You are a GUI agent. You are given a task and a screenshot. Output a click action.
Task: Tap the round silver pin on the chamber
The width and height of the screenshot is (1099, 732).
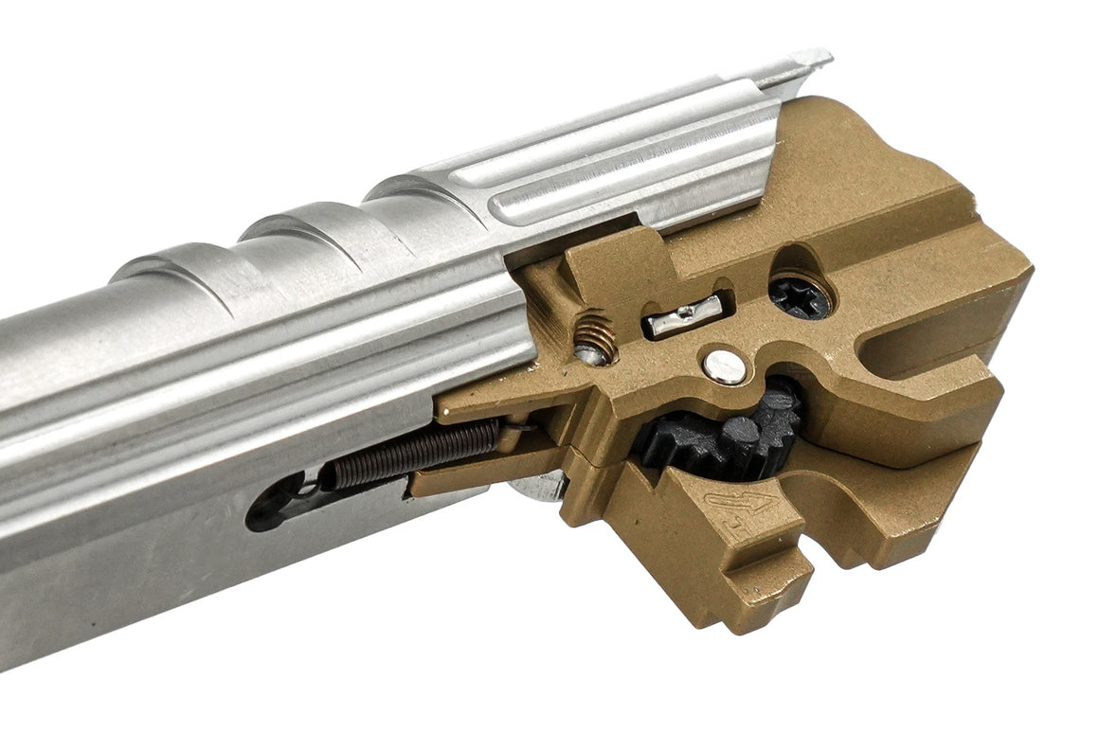pos(727,366)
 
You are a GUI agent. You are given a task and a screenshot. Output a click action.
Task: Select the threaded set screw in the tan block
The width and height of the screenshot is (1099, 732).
pos(595,337)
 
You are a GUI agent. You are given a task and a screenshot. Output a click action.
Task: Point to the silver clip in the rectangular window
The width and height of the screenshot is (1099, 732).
pos(684,314)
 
